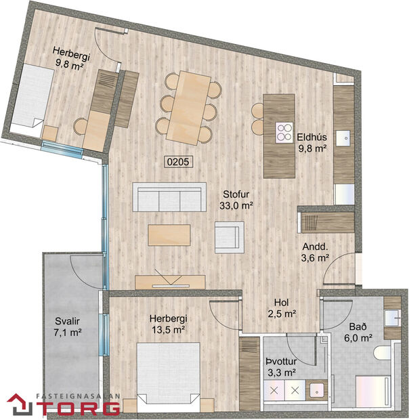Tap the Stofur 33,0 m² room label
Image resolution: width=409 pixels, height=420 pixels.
tap(236, 198)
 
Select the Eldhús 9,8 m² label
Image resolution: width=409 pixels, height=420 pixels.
tap(312, 142)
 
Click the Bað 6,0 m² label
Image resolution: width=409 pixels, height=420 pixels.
tap(358, 332)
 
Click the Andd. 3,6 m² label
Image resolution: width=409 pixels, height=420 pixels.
tap(315, 251)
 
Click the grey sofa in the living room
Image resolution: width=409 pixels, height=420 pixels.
tap(170, 198)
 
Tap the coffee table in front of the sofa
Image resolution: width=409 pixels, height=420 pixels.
tap(169, 234)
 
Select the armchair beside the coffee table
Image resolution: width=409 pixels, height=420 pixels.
tap(229, 238)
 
